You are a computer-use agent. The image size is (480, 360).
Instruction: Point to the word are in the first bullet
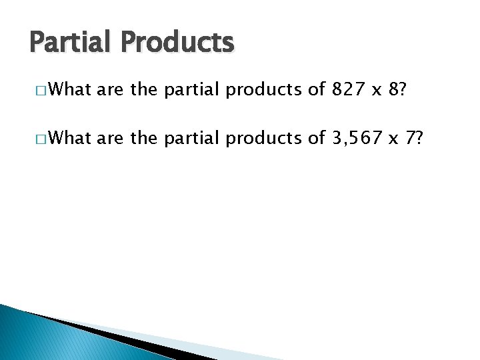click(x=111, y=90)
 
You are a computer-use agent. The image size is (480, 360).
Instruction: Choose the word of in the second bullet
click(x=315, y=138)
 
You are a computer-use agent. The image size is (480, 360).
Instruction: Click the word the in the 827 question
click(x=143, y=89)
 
